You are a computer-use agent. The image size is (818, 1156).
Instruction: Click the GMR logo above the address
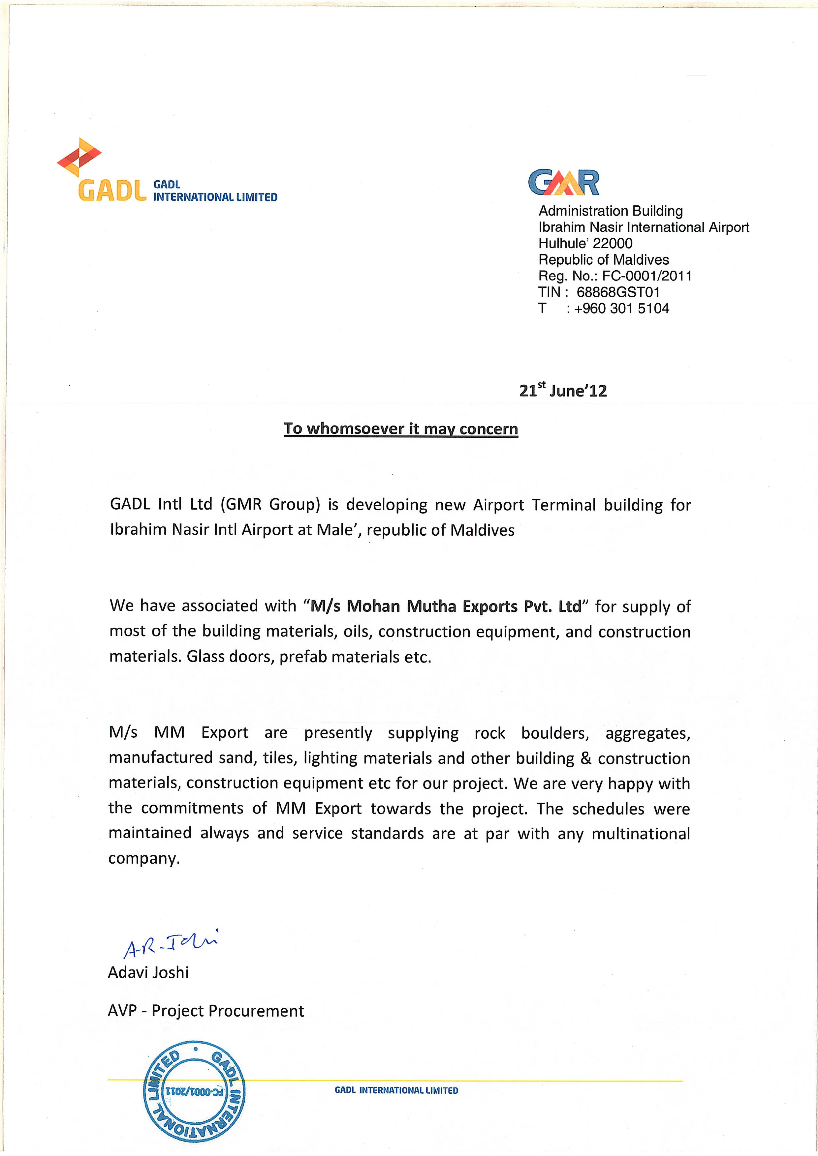coord(564,182)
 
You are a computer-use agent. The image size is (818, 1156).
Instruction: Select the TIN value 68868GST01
coord(618,292)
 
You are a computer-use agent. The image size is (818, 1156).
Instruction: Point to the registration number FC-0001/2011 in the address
coord(647,276)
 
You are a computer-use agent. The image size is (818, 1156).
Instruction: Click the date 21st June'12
coord(563,391)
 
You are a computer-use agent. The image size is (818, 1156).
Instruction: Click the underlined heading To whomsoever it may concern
coord(400,429)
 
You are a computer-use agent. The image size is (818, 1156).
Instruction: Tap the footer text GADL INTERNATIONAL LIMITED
coord(396,1090)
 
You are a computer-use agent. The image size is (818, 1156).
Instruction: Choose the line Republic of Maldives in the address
coord(603,260)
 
